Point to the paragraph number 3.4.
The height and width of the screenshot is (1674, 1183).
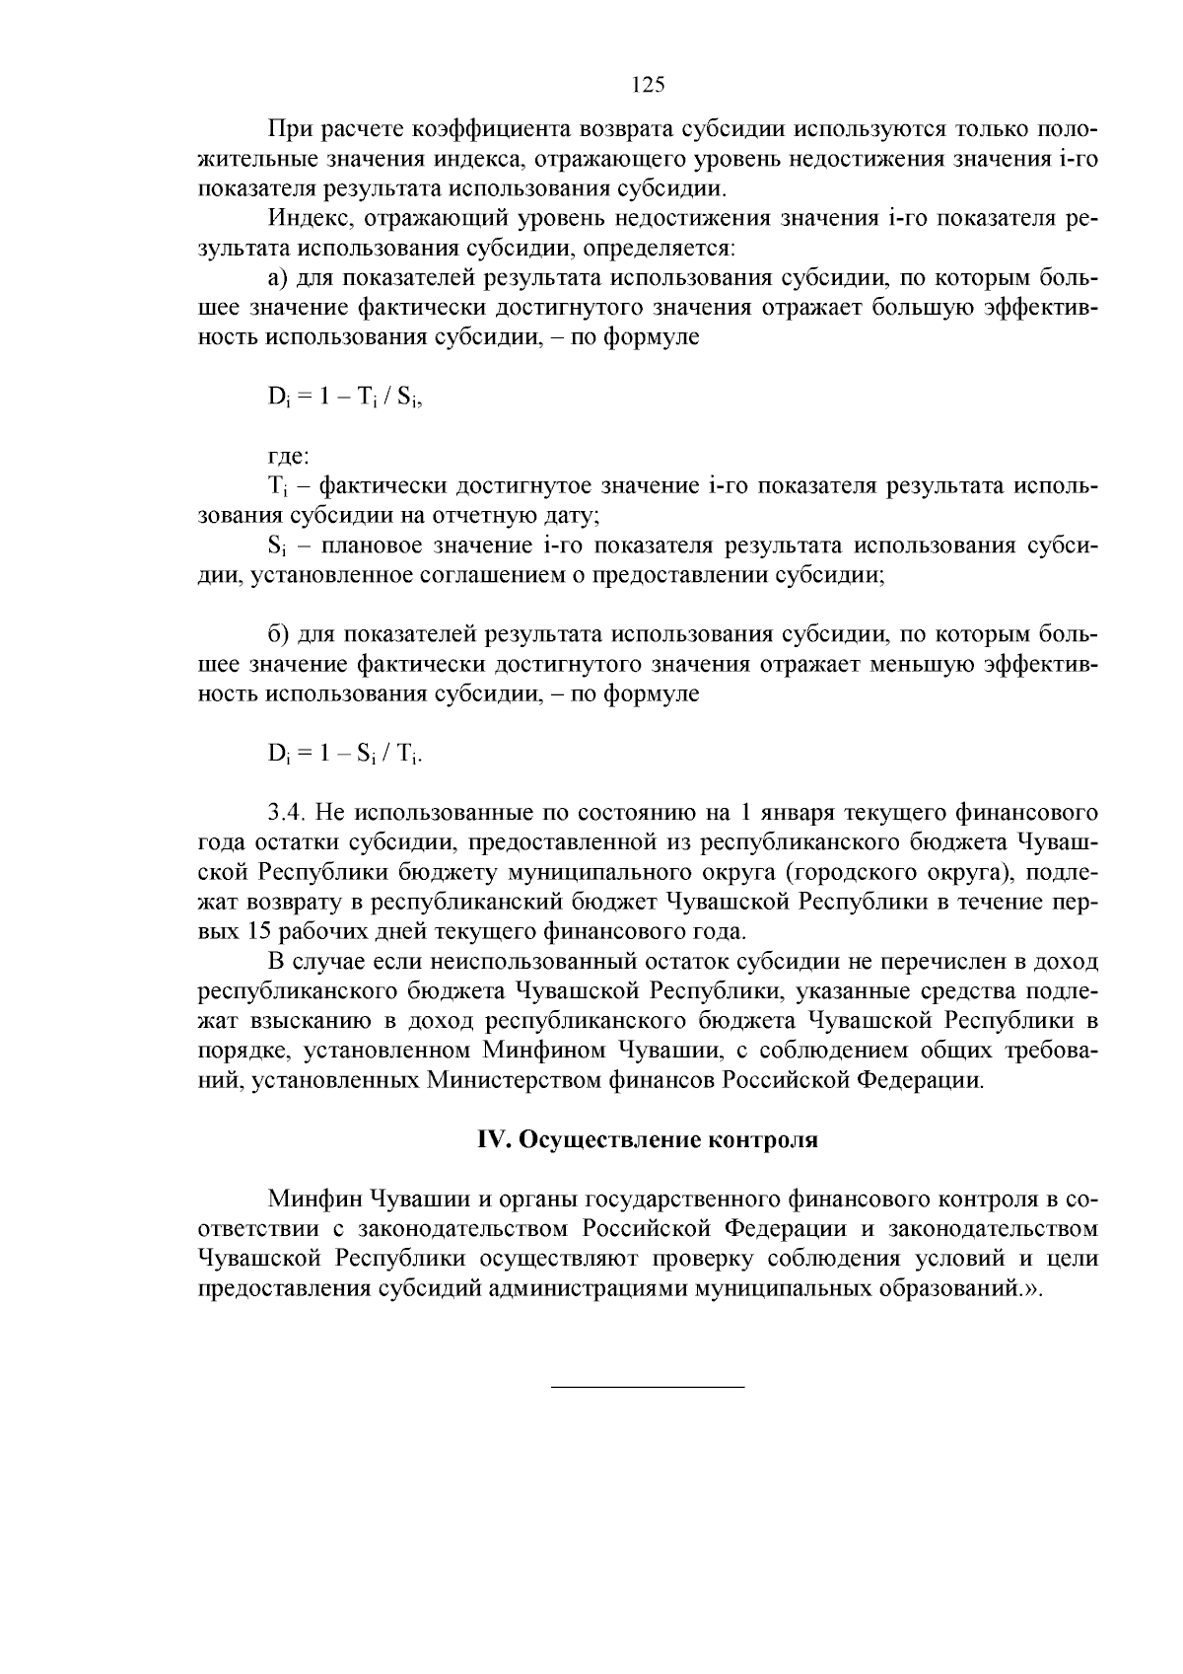tap(290, 814)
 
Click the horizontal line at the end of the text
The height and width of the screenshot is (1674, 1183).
tap(647, 1388)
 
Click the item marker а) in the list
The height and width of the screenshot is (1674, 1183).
tap(279, 278)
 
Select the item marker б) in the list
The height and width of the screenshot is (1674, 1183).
tap(279, 635)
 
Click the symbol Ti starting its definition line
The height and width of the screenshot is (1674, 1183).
tap(275, 487)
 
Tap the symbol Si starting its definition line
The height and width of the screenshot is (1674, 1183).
tap(275, 546)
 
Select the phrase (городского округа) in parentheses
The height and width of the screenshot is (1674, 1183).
tap(904, 873)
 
